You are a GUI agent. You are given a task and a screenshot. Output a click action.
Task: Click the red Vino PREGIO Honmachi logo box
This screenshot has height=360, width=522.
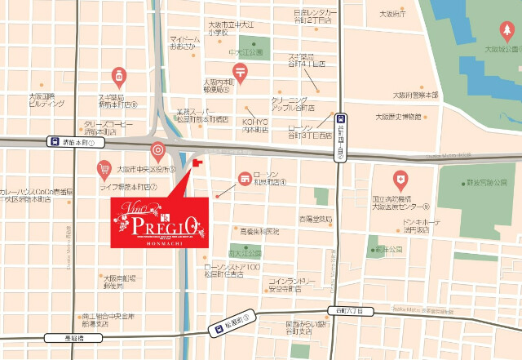pyautogui.click(x=160, y=220)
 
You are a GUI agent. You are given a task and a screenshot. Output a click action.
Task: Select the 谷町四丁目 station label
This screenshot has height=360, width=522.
pyautogui.click(x=340, y=137)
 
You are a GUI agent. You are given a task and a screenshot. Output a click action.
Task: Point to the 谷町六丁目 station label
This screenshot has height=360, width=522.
pyautogui.click(x=350, y=310)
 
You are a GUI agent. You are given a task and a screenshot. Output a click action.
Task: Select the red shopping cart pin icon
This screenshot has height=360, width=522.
pyautogui.click(x=104, y=170)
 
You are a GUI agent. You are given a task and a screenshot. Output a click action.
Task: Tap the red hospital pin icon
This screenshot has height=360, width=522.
pyautogui.click(x=400, y=177)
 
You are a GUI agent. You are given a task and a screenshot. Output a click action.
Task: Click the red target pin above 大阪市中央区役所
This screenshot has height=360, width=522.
pyautogui.click(x=157, y=151)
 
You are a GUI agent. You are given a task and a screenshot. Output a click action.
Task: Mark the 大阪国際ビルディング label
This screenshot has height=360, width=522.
pyautogui.click(x=46, y=100)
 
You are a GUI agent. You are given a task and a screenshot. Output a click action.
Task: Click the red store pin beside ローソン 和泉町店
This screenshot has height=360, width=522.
pyautogui.click(x=243, y=178)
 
